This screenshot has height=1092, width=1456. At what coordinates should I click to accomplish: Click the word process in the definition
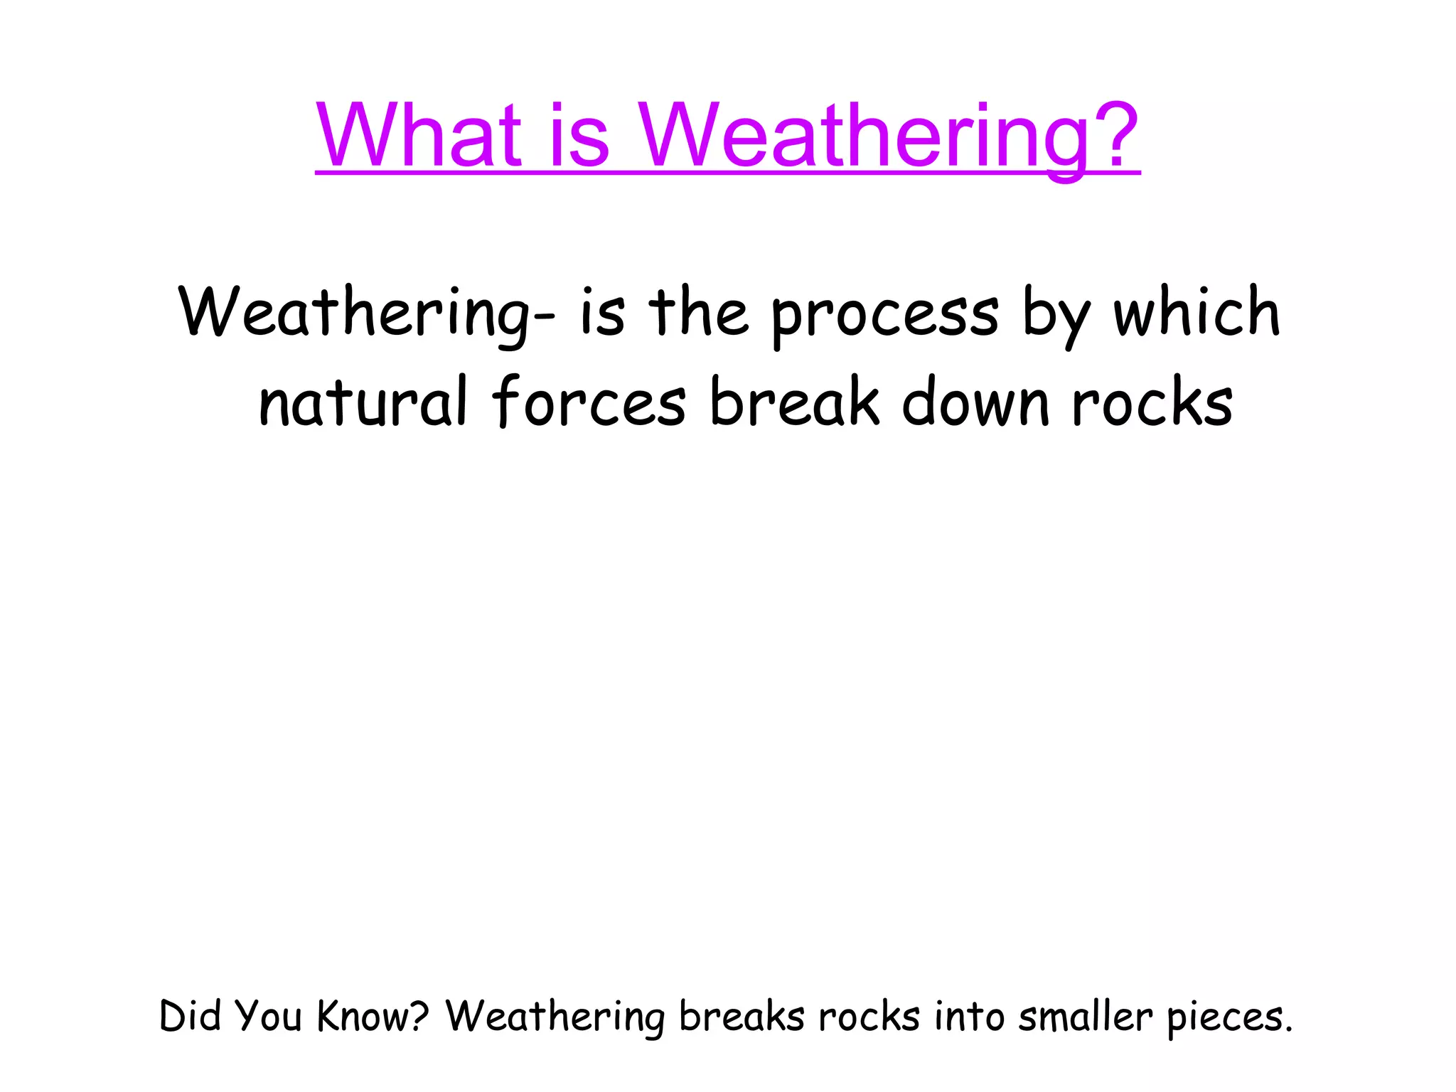click(885, 315)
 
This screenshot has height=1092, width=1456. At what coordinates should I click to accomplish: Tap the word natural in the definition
click(363, 402)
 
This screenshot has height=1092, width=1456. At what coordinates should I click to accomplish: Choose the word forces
click(589, 402)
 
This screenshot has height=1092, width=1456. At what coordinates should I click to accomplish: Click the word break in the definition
click(794, 402)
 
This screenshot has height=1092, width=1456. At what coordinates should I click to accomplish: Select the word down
click(975, 402)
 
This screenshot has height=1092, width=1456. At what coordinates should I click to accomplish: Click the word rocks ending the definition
click(1152, 402)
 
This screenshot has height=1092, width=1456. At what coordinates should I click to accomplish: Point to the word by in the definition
click(1055, 315)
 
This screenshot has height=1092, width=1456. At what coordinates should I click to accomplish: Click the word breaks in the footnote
click(742, 1016)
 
